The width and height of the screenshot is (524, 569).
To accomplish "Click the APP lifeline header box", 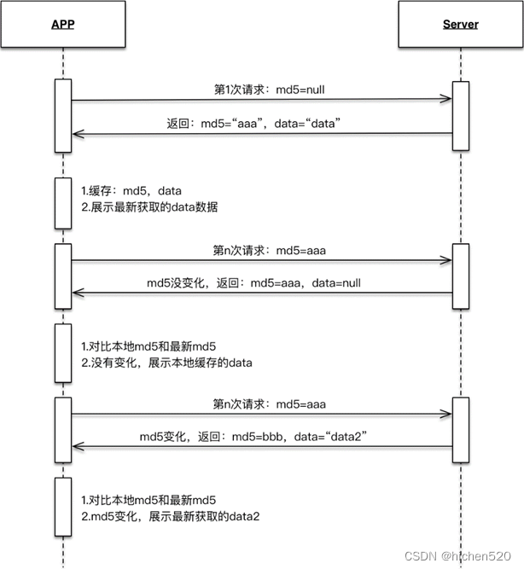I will coord(63,24).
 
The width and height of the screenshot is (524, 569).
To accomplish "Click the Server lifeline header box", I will coord(460,24).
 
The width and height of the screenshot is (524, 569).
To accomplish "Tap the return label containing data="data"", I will coord(260,123).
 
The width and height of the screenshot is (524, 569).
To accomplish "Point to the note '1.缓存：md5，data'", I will coord(131,190).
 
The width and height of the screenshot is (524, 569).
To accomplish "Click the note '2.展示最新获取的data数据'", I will coord(149,206).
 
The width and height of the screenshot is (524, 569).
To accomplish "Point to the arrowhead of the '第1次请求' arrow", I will coord(445,100).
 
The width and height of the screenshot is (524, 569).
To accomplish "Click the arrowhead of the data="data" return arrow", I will coord(77,133).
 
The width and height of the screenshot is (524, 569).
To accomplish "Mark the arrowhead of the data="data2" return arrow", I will coord(77,446).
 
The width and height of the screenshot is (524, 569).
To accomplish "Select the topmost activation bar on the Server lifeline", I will coord(460,115).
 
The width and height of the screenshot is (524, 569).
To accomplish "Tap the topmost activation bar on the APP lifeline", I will coord(63,115).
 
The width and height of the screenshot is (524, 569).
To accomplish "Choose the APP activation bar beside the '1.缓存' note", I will coord(63,203).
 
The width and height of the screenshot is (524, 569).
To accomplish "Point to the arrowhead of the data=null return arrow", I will coord(77,293).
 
